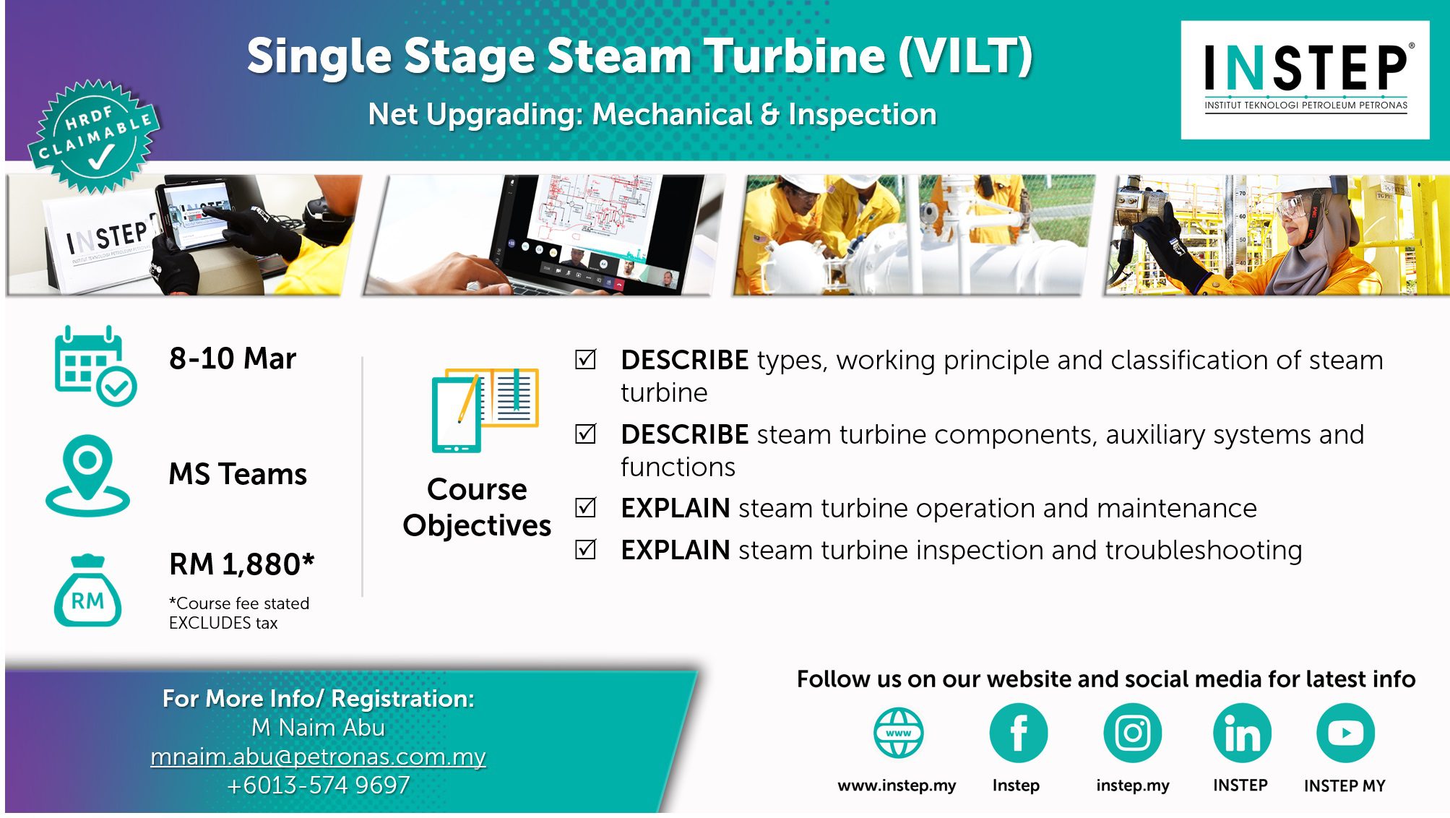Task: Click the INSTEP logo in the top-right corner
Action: point(1305,79)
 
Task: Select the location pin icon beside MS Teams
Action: point(87,475)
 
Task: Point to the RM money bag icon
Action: point(87,590)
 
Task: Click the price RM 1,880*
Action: point(242,564)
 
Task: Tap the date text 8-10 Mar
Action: point(233,358)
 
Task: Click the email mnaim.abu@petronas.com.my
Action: point(318,757)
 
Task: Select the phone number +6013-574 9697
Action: point(318,785)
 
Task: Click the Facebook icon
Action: point(1018,733)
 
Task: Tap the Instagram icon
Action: point(1132,733)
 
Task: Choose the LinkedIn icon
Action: point(1242,733)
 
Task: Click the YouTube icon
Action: point(1345,733)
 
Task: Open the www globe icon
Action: point(898,733)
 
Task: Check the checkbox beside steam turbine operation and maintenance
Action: point(585,507)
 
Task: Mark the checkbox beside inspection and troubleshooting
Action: point(585,549)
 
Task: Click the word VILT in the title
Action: point(966,56)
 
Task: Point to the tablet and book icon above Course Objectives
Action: point(485,410)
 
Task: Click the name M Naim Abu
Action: point(318,728)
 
